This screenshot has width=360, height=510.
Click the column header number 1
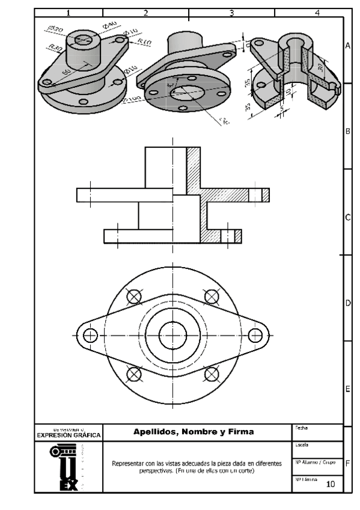[68, 12]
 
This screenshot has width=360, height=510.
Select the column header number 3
[231, 12]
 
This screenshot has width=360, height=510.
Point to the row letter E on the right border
[347, 389]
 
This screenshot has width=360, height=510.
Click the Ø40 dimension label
[109, 25]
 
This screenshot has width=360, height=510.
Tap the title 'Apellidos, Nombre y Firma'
[193, 431]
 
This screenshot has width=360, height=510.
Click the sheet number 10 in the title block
[331, 484]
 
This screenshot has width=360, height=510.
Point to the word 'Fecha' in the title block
[302, 428]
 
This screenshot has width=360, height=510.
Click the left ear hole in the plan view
[90, 335]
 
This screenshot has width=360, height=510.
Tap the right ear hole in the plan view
[255, 335]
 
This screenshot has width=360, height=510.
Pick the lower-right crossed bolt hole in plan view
[212, 373]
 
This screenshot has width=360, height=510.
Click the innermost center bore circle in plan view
[173, 335]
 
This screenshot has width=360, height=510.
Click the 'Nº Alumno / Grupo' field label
[315, 462]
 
